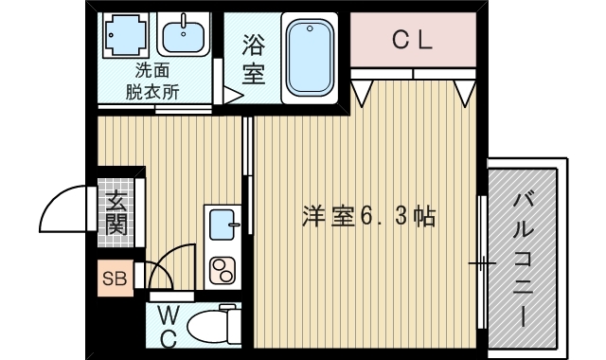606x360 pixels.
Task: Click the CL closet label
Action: tap(413, 40)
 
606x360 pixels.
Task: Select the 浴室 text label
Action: tap(253, 59)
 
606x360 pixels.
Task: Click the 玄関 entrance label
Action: tap(116, 213)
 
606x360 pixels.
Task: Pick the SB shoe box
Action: tap(115, 278)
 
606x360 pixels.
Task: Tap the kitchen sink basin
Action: tap(223, 225)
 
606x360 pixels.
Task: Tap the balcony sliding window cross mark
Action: tap(481, 262)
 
